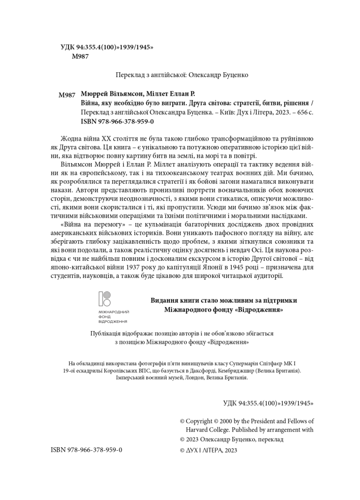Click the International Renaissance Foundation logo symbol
click(x=105, y=299)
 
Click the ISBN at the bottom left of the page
click(x=86, y=450)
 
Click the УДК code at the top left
click(x=107, y=47)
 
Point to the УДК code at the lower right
click(x=268, y=403)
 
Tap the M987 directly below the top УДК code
click(x=80, y=57)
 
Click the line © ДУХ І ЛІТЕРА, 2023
click(x=208, y=450)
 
